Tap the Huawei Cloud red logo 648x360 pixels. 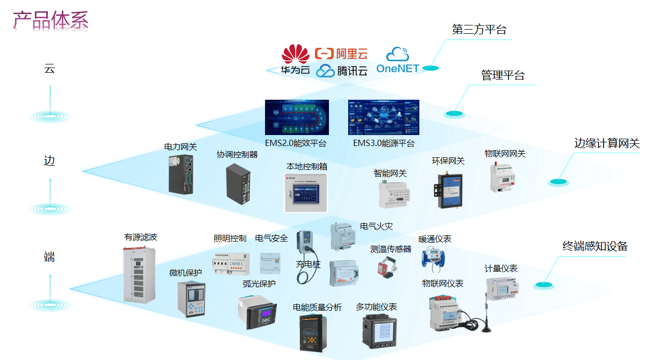coord(295,54)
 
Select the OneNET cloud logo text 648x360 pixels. coord(398,68)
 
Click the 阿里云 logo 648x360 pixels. coord(341,53)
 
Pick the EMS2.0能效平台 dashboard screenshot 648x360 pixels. coord(296,118)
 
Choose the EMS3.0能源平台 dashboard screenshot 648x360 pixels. coord(383,118)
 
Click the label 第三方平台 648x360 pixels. coord(479,30)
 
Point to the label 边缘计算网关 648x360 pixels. coord(606,143)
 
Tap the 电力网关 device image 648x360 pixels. coord(181,175)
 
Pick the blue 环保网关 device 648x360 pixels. coord(447,189)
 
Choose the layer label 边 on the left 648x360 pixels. coord(49,161)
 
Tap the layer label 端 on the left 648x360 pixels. coord(49,257)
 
